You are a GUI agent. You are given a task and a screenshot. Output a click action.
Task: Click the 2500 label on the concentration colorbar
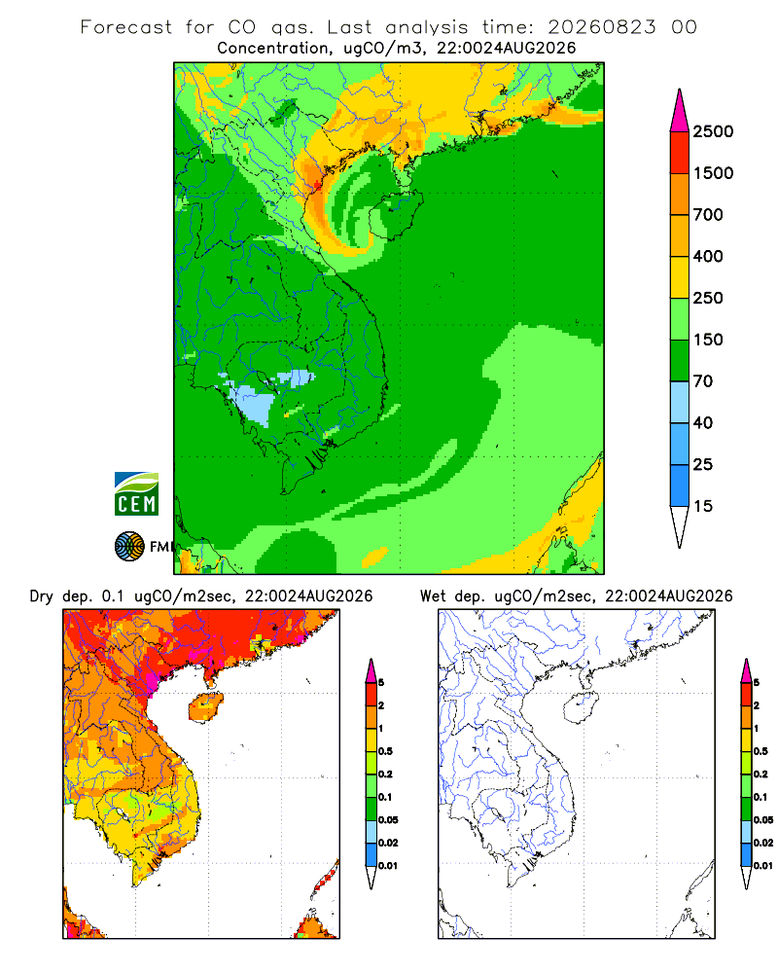pos(713,131)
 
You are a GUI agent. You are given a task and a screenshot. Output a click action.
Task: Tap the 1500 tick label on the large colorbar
pos(713,173)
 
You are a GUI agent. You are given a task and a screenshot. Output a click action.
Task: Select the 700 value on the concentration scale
pos(708,215)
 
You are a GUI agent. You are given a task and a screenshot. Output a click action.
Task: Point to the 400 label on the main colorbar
pos(708,256)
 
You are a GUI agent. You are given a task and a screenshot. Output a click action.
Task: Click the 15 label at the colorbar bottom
pos(703,506)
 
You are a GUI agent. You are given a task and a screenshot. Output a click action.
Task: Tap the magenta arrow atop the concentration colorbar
pos(680,112)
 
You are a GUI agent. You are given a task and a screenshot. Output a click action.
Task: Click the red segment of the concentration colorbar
pos(680,153)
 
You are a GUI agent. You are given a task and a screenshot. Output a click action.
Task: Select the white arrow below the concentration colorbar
pos(680,526)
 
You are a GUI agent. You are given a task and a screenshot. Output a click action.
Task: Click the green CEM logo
pos(136,494)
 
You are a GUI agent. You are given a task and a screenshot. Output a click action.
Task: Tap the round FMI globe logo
pos(129,547)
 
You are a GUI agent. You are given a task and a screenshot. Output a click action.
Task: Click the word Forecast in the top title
pos(126,27)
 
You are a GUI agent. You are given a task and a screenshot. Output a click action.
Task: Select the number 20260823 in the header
pos(601,27)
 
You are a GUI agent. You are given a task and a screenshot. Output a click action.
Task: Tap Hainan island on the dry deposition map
pos(205,707)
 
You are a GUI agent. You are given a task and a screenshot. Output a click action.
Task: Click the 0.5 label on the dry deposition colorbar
pos(385,751)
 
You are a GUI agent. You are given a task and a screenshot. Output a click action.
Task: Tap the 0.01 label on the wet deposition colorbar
pos(763,866)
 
